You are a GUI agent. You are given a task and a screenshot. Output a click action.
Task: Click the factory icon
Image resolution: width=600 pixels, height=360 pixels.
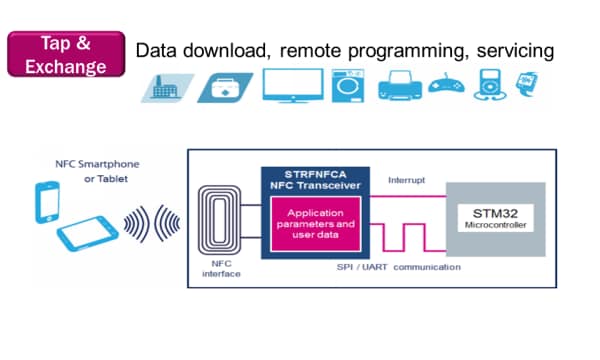click(161, 88)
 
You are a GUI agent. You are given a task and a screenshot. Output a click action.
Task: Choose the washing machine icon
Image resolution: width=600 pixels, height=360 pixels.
click(348, 86)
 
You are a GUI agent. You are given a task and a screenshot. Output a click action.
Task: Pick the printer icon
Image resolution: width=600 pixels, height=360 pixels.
click(400, 88)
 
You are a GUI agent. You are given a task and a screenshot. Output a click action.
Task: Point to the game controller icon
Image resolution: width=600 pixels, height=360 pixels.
click(448, 87)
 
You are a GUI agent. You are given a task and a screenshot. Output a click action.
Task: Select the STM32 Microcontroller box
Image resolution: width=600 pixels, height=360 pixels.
click(497, 218)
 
